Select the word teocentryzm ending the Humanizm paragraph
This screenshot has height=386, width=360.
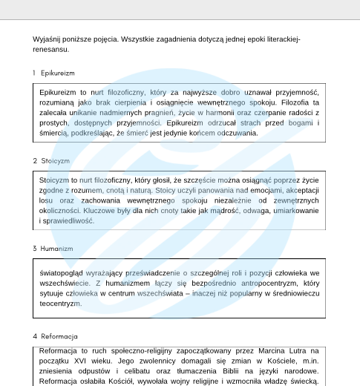coord(60,304)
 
